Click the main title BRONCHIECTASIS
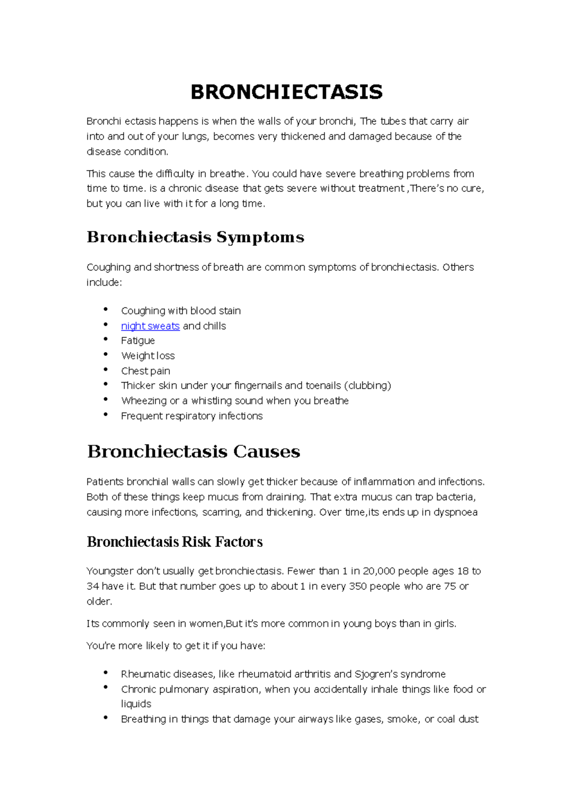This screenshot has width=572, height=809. point(286,92)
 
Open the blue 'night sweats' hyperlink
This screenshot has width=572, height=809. point(150,326)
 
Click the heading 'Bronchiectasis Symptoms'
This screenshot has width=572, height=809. point(195,237)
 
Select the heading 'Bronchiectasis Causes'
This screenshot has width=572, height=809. point(194,451)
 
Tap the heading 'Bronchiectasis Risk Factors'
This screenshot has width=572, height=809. point(174,542)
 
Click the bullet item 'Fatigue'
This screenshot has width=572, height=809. point(138,341)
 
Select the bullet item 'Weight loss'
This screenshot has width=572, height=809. point(148,356)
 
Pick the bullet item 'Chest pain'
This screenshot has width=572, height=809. point(145,371)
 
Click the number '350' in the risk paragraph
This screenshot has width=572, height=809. point(357,586)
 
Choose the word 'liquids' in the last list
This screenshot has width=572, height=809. point(136,704)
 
